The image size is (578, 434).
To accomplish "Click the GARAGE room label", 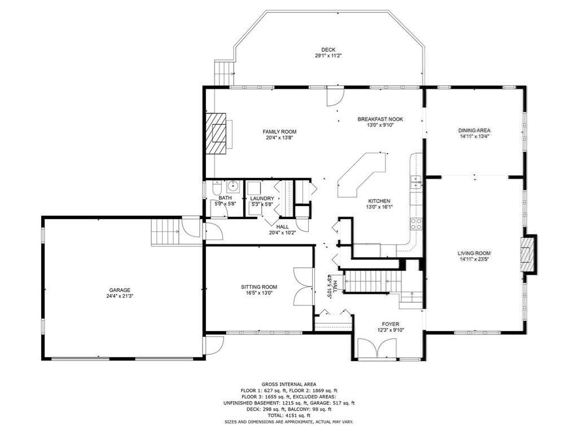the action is coord(120,290).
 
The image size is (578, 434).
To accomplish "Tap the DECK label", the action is coord(328,50).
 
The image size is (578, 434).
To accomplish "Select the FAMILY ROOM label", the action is coord(279,132).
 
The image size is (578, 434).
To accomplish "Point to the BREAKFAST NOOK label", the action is coord(380,119).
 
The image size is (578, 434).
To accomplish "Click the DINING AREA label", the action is coord(474,131).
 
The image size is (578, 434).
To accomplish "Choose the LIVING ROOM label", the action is coord(474,253).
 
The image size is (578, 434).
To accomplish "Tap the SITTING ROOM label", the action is coord(259,287).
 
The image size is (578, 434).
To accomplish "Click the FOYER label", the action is coord(391,324).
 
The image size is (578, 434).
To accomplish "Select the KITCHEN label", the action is coord(379,201).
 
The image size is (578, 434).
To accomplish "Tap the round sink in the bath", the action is coord(233,186).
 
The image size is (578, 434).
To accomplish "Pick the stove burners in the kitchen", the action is coord(417,224).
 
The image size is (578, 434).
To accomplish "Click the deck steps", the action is coord(224,73).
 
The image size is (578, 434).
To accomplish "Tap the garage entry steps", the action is coord(165,231).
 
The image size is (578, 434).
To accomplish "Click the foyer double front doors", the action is coord(378,349).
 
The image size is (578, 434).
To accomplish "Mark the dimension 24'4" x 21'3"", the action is coord(120,296).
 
